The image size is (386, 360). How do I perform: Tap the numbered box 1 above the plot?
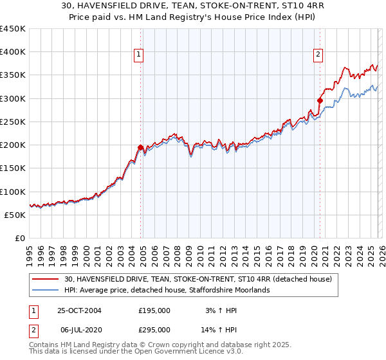click(x=139, y=55)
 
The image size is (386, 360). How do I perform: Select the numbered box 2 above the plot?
click(x=318, y=55)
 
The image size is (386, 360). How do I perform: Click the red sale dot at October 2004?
click(x=141, y=147)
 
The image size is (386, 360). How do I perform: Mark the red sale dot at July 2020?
click(x=320, y=100)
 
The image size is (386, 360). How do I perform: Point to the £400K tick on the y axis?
click(x=13, y=52)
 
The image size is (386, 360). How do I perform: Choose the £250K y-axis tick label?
click(x=13, y=122)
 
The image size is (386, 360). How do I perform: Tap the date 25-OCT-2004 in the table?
click(x=80, y=310)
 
